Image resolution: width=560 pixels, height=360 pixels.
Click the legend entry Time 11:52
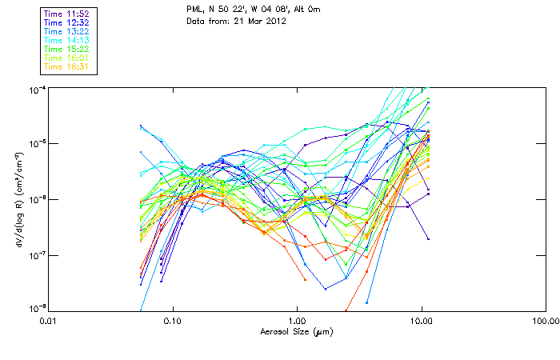point(67,14)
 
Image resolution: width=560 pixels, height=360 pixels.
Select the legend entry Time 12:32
point(67,22)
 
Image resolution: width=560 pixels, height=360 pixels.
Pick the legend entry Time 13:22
point(67,31)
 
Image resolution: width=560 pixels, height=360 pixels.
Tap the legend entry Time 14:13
point(67,40)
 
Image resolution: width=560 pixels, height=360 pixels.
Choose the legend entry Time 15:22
point(67,49)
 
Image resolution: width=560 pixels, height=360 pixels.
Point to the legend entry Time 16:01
point(67,58)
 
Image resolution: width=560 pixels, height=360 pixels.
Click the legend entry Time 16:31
point(67,66)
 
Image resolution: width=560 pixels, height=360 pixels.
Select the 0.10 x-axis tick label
point(173,321)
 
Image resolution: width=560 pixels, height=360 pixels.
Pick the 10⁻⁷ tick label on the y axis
point(36,255)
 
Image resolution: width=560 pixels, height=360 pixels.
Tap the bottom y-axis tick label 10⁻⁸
point(36,309)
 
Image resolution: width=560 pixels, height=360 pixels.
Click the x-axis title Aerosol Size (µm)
point(297,332)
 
